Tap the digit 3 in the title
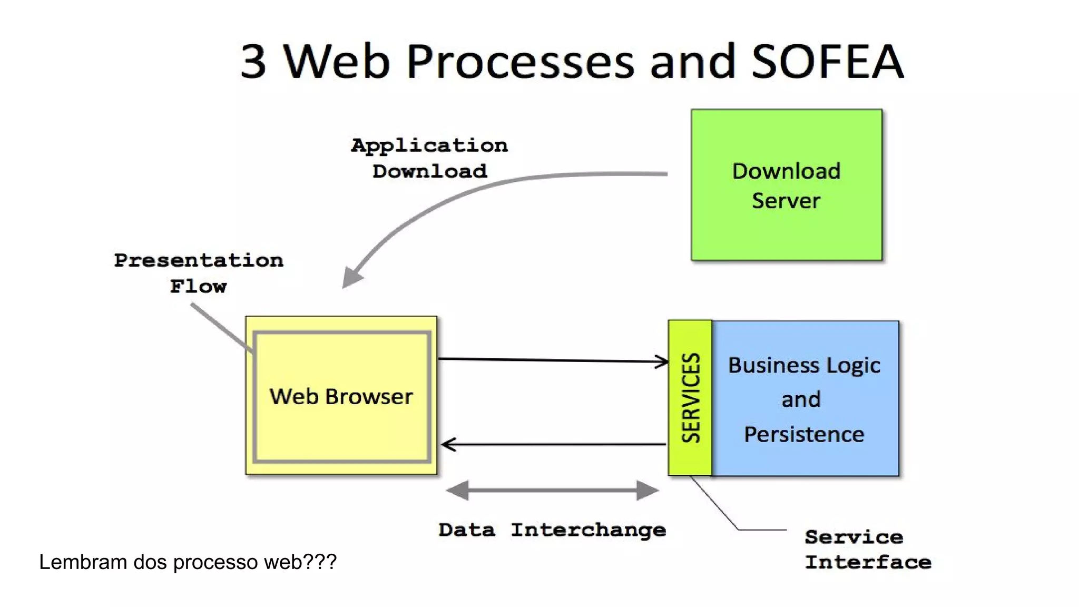tap(253, 62)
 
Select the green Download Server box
tap(786, 185)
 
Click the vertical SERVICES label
tap(690, 398)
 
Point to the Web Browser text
tap(341, 396)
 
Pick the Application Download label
tap(429, 158)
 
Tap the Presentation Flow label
tap(199, 273)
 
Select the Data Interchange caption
tap(552, 530)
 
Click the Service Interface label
tap(867, 550)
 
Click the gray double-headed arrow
tap(552, 490)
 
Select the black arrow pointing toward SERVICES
tap(553, 360)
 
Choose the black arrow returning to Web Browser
tap(553, 445)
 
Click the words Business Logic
tap(804, 365)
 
